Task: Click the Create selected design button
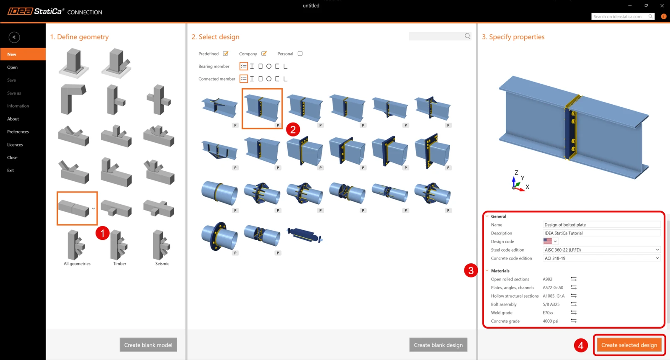point(629,345)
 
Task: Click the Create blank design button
point(438,345)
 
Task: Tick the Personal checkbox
point(300,54)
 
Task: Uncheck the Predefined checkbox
point(226,54)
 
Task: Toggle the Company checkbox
point(264,54)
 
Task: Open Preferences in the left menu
point(18,131)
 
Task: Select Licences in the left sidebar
point(15,145)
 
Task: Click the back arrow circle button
point(14,37)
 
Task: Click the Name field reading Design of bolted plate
point(601,224)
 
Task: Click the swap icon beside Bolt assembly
point(573,304)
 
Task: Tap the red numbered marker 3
point(471,270)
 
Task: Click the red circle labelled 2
point(293,129)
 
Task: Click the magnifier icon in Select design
point(467,36)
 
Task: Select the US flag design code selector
point(550,241)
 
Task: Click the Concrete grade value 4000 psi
point(550,321)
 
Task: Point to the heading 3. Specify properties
point(513,37)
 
